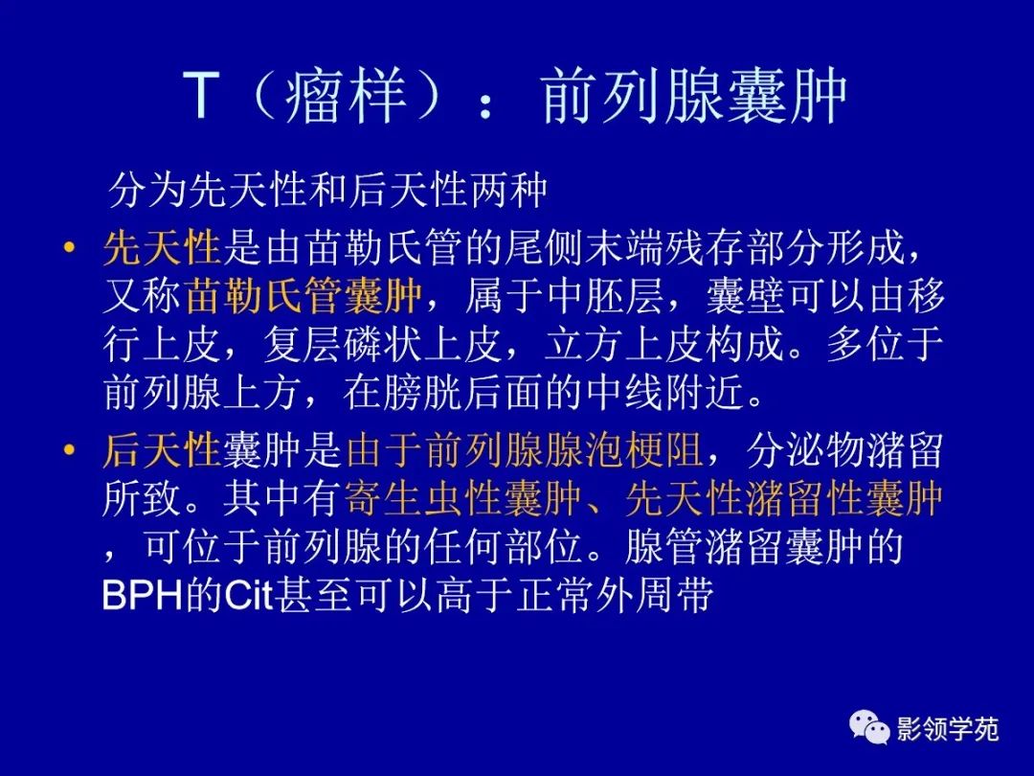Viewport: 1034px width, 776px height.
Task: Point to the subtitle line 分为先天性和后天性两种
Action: click(327, 191)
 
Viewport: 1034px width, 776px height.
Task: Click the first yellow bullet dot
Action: click(68, 249)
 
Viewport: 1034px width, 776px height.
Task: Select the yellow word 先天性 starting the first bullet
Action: click(162, 249)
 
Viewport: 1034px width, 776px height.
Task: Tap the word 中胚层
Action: click(635, 297)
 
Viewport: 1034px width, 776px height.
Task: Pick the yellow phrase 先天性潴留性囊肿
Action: click(784, 498)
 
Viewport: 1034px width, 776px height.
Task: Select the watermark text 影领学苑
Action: click(947, 730)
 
